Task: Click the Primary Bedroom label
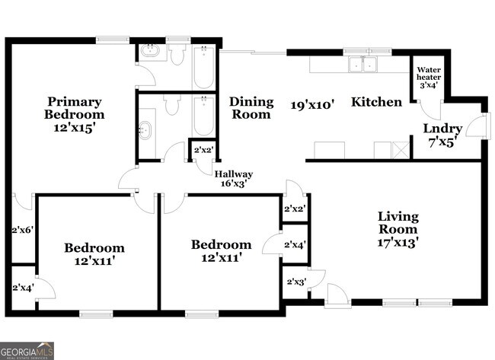[75, 114]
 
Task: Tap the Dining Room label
[251, 107]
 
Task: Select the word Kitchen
[376, 101]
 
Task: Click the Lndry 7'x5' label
[442, 134]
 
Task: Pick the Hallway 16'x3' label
[233, 178]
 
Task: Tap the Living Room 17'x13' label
[398, 229]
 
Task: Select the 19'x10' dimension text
[312, 104]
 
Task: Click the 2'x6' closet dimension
[23, 229]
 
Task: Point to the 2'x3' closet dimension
[295, 282]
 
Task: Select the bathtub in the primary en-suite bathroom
[203, 68]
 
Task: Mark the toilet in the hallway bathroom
[171, 104]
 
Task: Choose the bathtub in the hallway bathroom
[203, 116]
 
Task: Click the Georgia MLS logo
[27, 350]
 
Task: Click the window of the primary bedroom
[111, 40]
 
